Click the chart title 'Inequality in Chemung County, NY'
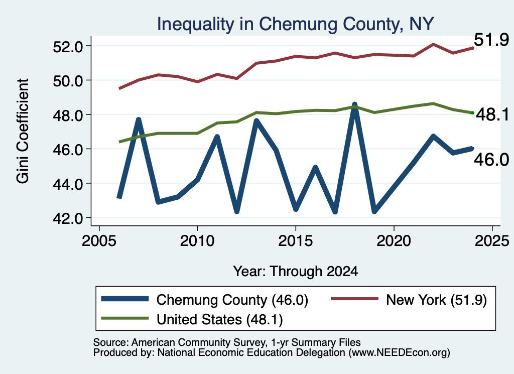pyautogui.click(x=295, y=25)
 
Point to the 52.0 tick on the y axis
pyautogui.click(x=68, y=47)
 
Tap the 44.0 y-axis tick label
pyautogui.click(x=68, y=184)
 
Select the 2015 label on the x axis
pyautogui.click(x=295, y=241)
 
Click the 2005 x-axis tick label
pyautogui.click(x=99, y=241)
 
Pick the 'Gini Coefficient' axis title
pyautogui.click(x=23, y=131)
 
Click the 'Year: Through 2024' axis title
pyautogui.click(x=295, y=272)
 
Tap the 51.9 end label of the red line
pyautogui.click(x=491, y=40)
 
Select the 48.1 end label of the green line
pyautogui.click(x=492, y=114)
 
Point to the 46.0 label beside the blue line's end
pyautogui.click(x=491, y=160)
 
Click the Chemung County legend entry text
pyautogui.click(x=232, y=300)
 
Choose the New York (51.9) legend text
pyautogui.click(x=436, y=300)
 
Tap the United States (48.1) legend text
pyautogui.click(x=220, y=320)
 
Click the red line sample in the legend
pyautogui.click(x=354, y=299)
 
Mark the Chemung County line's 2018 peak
pyautogui.click(x=354, y=105)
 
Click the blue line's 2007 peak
pyautogui.click(x=139, y=119)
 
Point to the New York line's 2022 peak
pyautogui.click(x=433, y=44)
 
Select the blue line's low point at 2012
pyautogui.click(x=237, y=211)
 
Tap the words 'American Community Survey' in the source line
pyautogui.click(x=198, y=342)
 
